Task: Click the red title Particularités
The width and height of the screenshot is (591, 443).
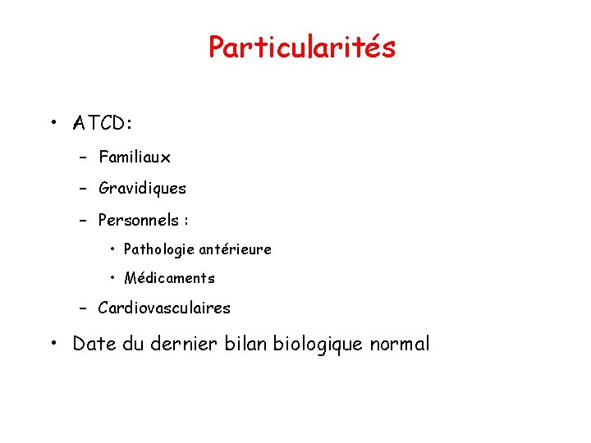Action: coord(301,48)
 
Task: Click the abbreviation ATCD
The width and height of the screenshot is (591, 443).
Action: coord(100,124)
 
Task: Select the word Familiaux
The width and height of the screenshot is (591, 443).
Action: coord(134,157)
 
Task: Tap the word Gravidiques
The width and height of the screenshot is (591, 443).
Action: coord(142,189)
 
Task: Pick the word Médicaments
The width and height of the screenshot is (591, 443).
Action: coord(169,278)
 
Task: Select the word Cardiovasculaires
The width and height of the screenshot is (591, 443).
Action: coord(164,308)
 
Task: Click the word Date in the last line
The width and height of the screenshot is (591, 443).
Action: coord(94,344)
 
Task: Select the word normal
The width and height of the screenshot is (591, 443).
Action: coord(400,344)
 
